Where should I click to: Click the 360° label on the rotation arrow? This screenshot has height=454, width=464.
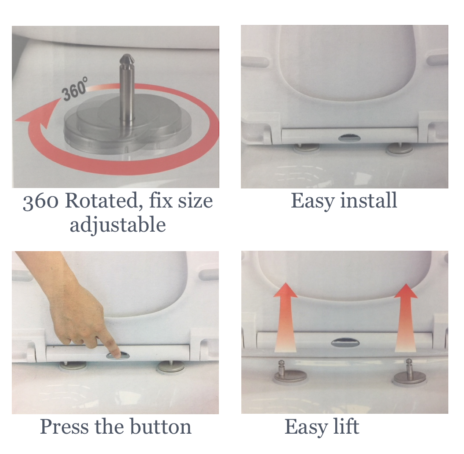tap(74, 91)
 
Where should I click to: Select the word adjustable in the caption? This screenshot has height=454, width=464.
tap(118, 224)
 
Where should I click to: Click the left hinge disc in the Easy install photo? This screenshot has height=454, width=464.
tap(307, 147)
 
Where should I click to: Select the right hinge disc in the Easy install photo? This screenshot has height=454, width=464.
tap(400, 148)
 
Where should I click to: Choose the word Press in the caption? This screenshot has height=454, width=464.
tap(65, 426)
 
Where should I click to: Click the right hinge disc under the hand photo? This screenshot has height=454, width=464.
tap(171, 367)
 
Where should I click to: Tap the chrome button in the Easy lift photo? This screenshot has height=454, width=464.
tap(345, 342)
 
